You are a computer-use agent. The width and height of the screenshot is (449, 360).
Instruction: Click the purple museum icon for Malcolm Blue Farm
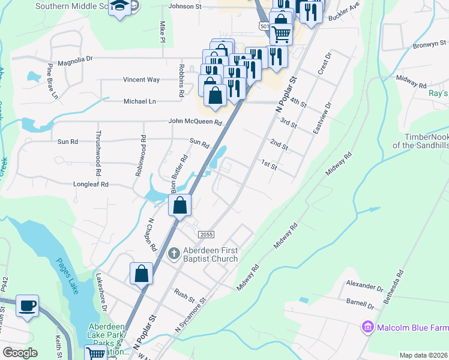coord(367,328)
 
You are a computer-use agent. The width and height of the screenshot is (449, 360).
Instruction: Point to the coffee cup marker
coord(28,305)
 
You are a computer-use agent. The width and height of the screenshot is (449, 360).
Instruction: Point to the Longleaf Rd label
coord(91,184)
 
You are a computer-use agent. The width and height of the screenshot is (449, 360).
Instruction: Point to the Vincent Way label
coord(142,79)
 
